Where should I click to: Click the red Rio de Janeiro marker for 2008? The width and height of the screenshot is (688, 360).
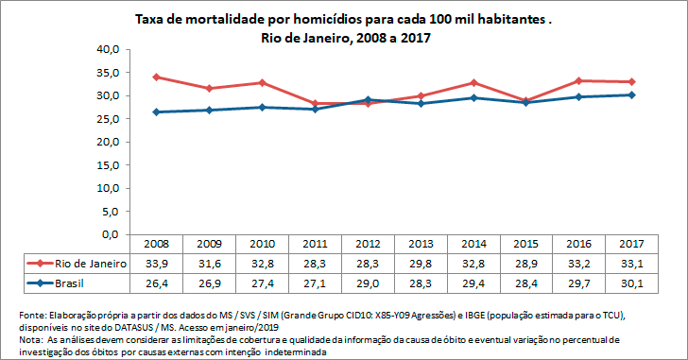(156, 77)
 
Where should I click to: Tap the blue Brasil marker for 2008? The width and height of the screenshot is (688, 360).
(156, 111)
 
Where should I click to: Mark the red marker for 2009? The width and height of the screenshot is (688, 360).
(209, 88)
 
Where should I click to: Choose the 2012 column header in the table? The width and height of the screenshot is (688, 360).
(368, 244)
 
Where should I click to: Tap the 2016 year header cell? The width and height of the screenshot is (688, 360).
(579, 244)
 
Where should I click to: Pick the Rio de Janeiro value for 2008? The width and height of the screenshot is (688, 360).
(156, 263)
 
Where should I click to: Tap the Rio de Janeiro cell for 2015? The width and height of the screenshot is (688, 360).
(526, 263)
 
